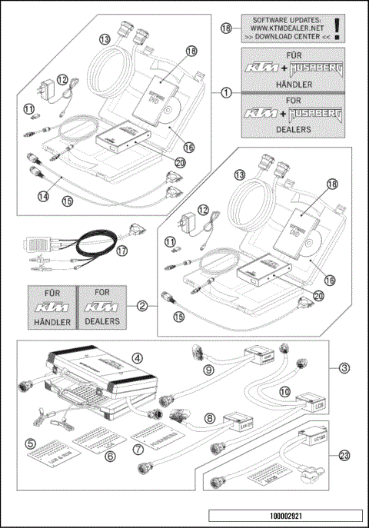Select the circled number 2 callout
142,306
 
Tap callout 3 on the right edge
336,369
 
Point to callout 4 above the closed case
135,357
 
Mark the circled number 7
138,447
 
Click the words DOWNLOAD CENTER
290,35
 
